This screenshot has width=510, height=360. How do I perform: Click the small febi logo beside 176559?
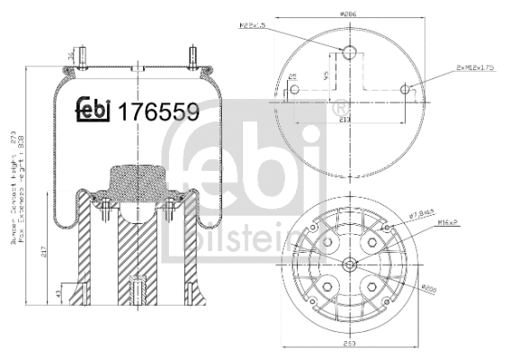tap(93, 110)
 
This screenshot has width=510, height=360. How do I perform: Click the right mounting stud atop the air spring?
tap(192, 56)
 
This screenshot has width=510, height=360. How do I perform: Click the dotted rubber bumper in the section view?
tap(135, 184)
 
